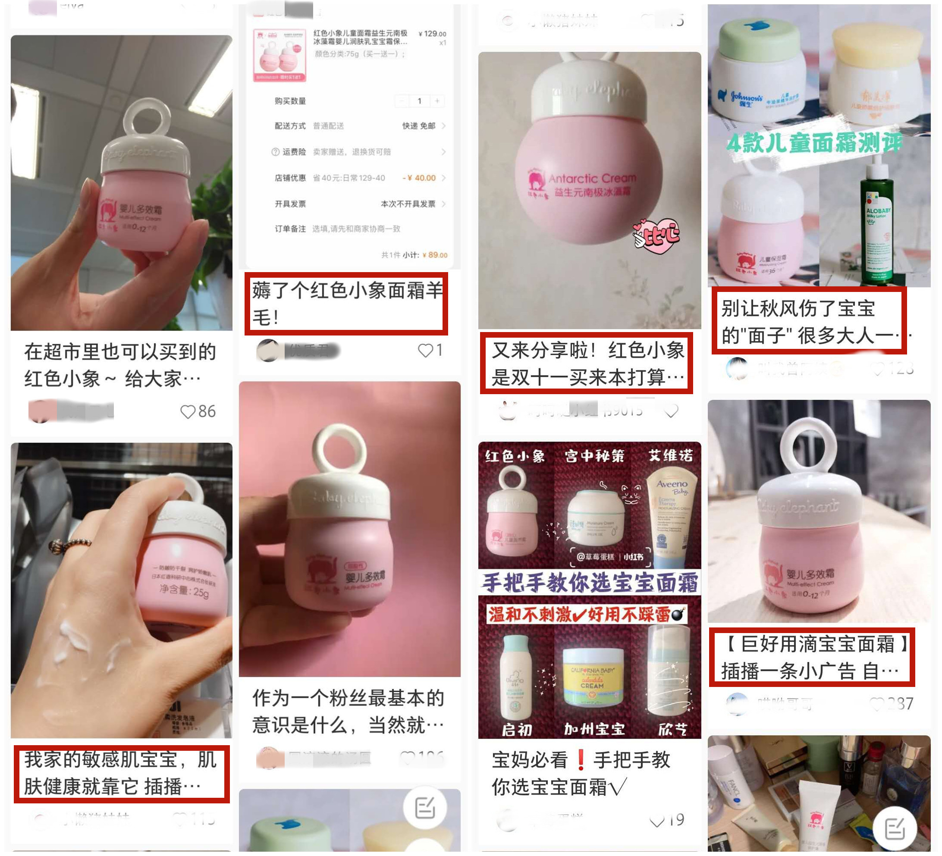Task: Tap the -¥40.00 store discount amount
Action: (420, 178)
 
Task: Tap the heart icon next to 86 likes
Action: (188, 412)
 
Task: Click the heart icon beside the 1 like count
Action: (426, 351)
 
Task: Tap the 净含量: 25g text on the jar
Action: (184, 591)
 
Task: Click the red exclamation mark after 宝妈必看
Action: (581, 760)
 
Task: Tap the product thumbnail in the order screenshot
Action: (279, 55)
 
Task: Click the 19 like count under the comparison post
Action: (677, 820)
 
